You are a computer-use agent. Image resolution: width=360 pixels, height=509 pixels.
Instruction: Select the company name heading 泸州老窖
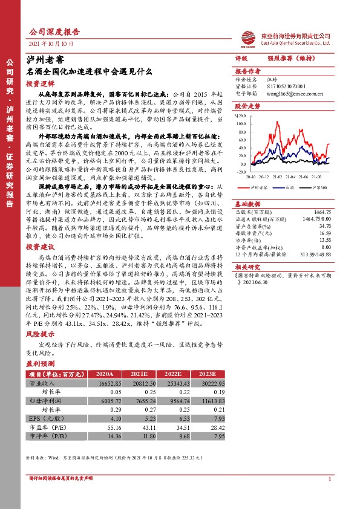click(47, 60)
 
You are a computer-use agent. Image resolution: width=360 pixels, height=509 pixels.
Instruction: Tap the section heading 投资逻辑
click(41, 84)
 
